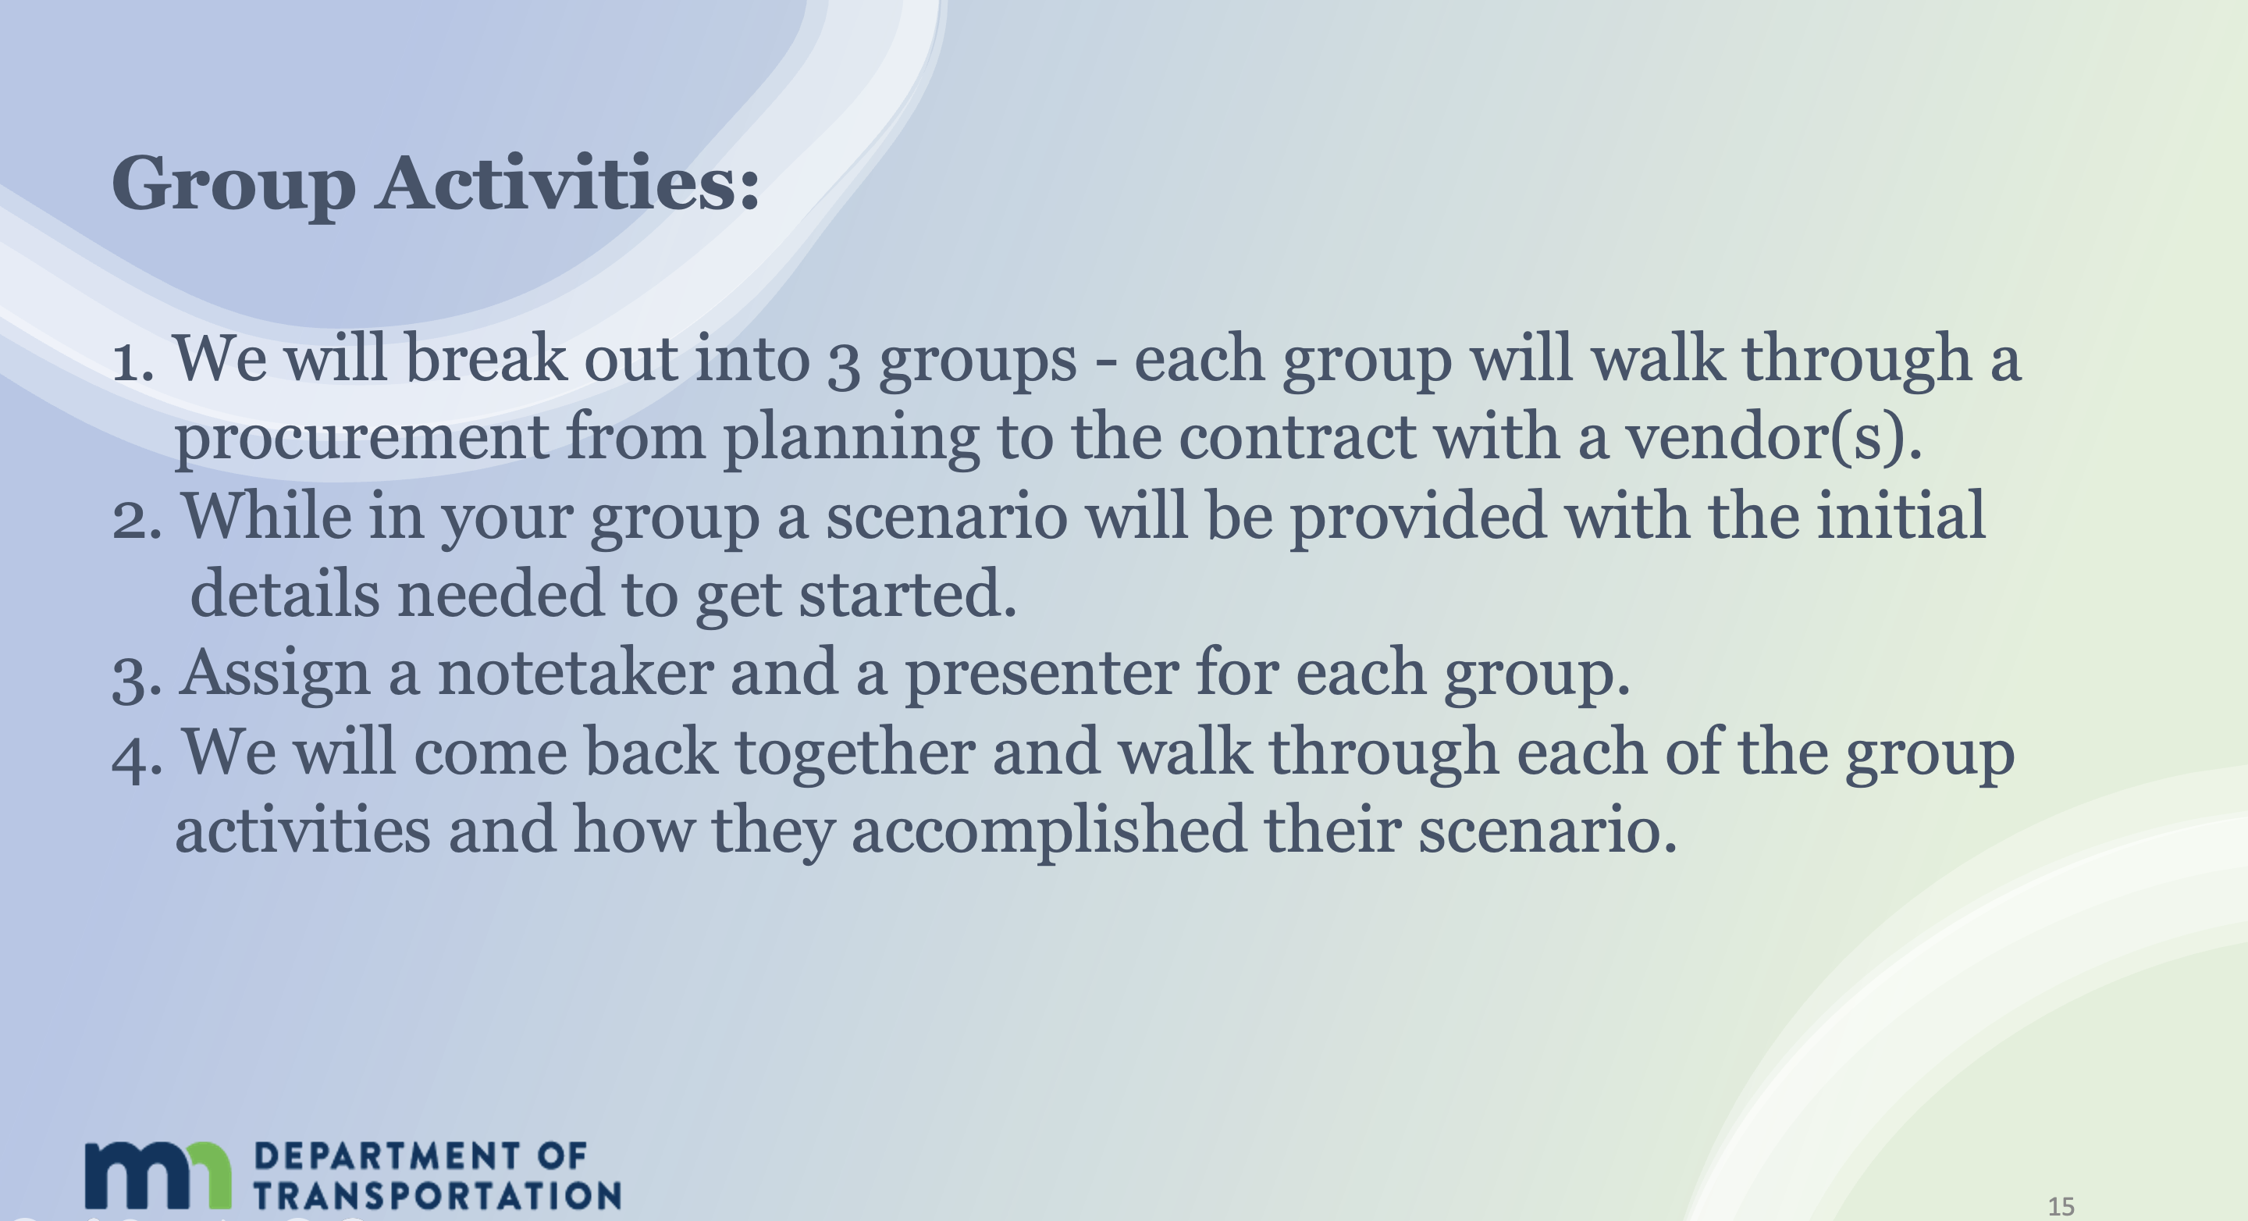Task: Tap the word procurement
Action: coord(361,439)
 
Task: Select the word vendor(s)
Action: coord(1773,436)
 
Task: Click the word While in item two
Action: coord(266,515)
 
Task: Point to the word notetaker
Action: coord(576,674)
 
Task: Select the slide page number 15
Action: coord(2061,1206)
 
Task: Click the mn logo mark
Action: coord(158,1175)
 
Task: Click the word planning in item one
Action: coord(851,439)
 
